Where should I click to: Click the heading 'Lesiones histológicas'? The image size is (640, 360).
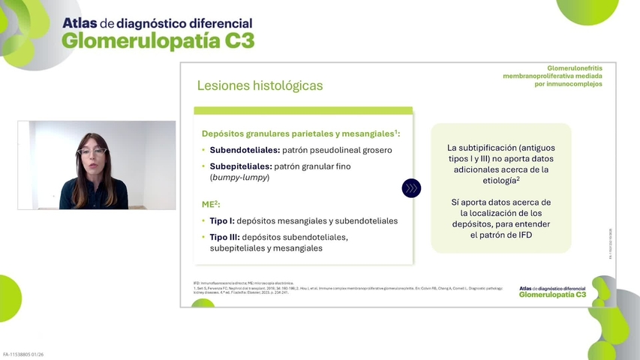tap(260, 85)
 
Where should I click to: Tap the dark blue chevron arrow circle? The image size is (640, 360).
tap(411, 188)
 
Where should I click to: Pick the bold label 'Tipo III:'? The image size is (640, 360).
tap(227, 237)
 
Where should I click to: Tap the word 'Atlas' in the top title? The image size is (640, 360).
tap(79, 23)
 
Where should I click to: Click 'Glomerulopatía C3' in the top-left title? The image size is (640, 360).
tap(158, 42)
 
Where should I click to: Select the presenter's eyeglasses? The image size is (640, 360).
tap(93, 152)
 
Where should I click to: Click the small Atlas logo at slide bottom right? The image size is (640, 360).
tap(552, 291)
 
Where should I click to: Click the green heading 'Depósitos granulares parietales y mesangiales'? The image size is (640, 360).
tap(299, 133)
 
